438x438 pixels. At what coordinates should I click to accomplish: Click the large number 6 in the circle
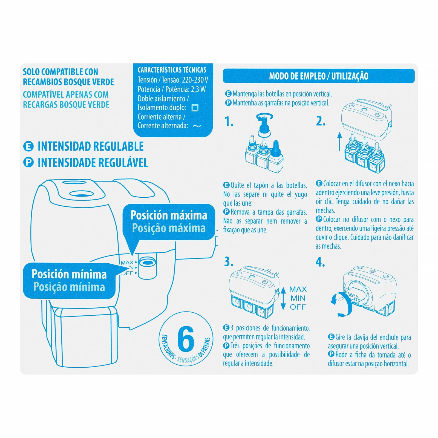(186, 339)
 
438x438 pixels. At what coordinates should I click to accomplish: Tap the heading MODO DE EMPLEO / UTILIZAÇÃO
(319, 76)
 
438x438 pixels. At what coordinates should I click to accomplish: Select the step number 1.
(229, 122)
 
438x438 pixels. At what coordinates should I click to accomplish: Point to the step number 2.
(321, 121)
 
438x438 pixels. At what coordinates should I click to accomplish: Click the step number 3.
(229, 262)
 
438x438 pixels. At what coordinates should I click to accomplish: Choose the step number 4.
(320, 262)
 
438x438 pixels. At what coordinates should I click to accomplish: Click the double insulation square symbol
(195, 108)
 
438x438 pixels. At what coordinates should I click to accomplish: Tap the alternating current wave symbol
(197, 126)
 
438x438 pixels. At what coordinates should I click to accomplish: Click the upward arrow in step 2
(339, 141)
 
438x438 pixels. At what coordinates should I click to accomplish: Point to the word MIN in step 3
(298, 298)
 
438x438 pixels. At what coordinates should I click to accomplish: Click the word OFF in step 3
(298, 307)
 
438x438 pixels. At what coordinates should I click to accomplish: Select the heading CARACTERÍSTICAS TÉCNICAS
(172, 70)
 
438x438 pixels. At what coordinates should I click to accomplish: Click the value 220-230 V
(195, 80)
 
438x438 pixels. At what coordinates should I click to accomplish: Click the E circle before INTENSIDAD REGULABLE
(28, 146)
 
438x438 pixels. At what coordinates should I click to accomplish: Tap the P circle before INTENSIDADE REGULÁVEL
(28, 162)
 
